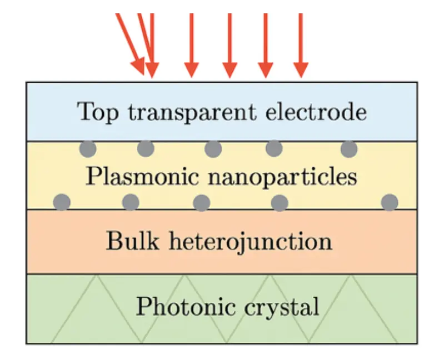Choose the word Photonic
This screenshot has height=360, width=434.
tap(181, 307)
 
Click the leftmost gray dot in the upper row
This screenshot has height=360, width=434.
tap(88, 149)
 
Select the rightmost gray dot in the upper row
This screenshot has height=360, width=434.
tap(349, 149)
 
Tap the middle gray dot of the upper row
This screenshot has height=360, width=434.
tap(213, 149)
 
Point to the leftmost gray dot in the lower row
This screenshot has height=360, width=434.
tap(62, 202)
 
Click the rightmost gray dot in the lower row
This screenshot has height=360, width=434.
tap(390, 202)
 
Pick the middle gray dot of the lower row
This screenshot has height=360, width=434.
tap(202, 202)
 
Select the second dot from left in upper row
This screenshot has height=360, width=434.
tap(146, 148)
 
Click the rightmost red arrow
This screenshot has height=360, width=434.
tap(300, 44)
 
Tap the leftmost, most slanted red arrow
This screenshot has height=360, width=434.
tap(130, 42)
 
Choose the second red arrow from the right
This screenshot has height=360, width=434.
tap(265, 44)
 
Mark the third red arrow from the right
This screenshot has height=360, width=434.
tap(228, 44)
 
